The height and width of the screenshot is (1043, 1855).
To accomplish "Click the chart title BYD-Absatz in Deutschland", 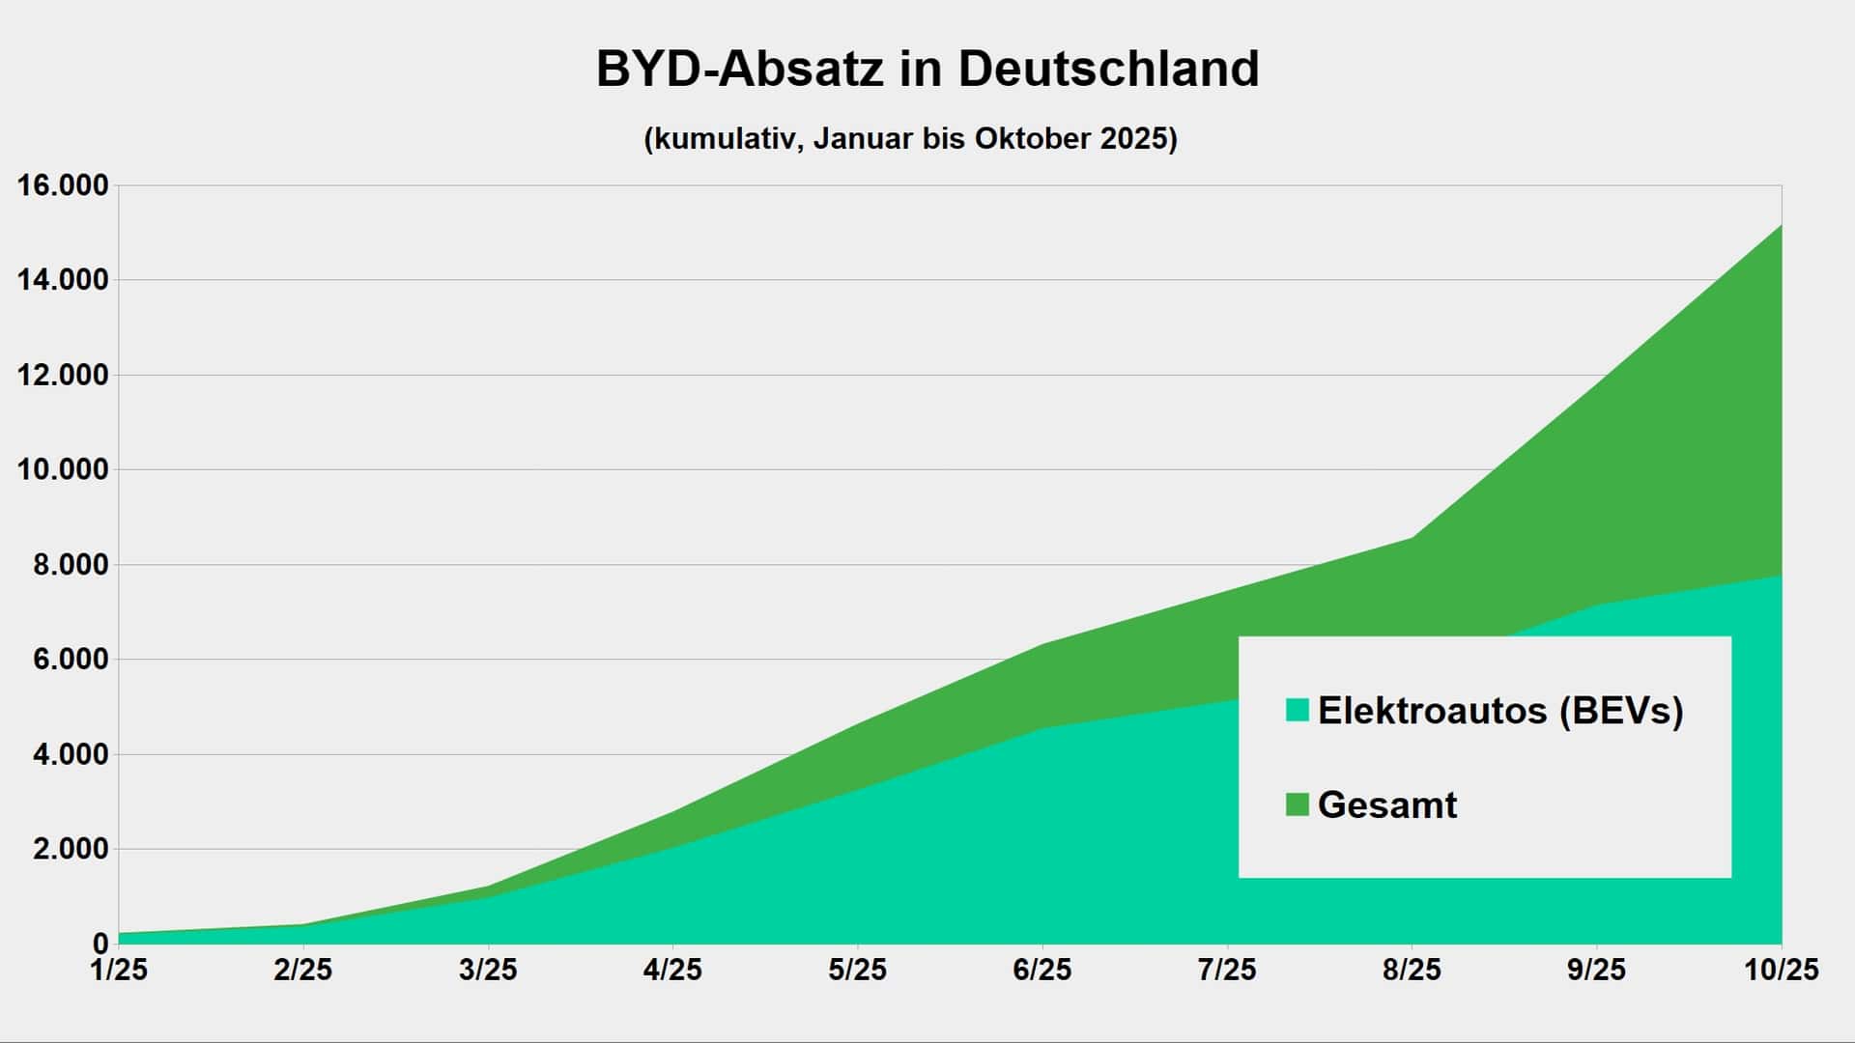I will pos(927,70).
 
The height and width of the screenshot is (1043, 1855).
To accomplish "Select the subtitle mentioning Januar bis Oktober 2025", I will pos(910,139).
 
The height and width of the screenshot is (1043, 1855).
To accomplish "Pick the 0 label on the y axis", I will pos(100,944).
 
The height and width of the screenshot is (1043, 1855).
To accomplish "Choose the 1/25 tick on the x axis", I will pos(119,970).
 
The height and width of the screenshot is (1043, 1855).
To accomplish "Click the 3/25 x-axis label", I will pos(488,970).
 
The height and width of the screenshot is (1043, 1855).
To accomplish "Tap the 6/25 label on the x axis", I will pos(1042,970).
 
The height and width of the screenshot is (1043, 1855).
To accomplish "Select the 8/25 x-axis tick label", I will pos(1412,970).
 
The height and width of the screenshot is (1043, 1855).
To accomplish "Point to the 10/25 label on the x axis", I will pos(1781,970).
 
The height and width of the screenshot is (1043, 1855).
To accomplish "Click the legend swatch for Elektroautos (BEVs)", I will pos(1298,711).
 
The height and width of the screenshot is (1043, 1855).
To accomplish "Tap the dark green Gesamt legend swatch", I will pos(1298,804).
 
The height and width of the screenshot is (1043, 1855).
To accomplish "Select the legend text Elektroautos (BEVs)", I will pos(1500,711).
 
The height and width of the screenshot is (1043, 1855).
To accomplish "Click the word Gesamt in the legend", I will pos(1387,804).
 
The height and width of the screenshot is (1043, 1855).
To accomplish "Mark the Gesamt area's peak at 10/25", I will pos(1781,226).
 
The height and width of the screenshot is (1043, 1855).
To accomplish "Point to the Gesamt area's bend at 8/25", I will pos(1413,538).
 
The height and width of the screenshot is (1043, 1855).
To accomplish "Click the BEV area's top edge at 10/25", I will pos(1781,577).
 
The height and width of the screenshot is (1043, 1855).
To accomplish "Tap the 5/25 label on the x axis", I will pos(857,970).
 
